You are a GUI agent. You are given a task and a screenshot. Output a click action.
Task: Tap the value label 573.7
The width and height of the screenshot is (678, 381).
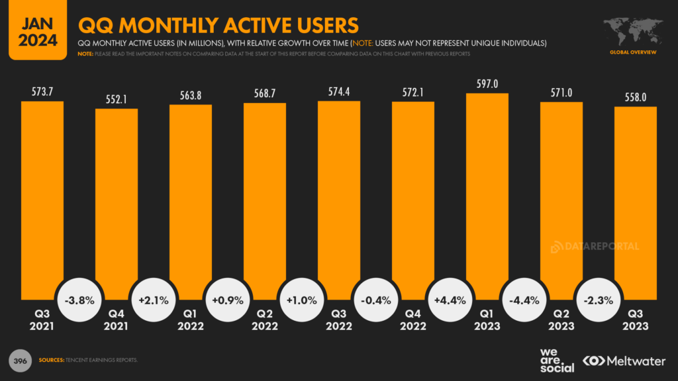click(x=42, y=91)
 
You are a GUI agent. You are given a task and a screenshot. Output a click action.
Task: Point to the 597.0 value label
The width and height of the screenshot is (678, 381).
click(x=487, y=83)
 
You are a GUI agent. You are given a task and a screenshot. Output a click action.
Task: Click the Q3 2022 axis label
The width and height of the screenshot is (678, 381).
click(x=339, y=320)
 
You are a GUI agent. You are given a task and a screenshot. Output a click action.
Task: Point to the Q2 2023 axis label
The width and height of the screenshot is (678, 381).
click(x=561, y=320)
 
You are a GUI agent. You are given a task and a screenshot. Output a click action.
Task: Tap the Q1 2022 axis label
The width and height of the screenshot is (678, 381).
click(x=191, y=320)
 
